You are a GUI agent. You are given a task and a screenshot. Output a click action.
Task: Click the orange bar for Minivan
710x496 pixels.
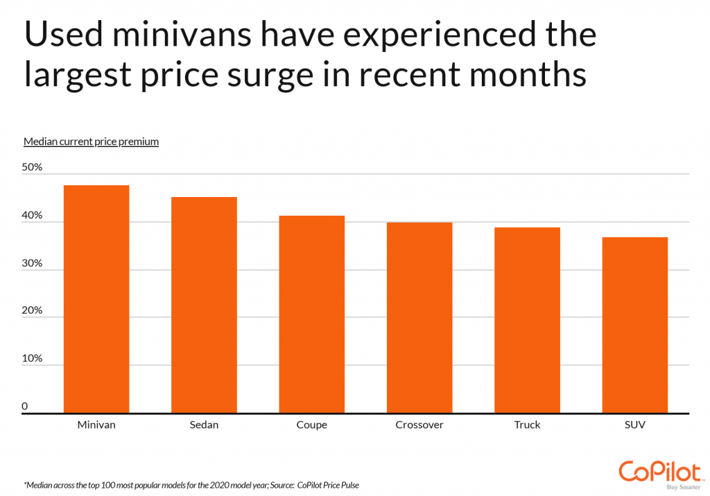pos(96,299)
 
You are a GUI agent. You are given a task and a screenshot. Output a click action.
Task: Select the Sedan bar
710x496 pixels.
pos(204,305)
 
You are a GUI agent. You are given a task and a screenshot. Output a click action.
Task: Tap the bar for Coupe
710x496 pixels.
pos(311,314)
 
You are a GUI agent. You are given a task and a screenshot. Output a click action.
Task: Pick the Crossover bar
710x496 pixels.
pos(419,318)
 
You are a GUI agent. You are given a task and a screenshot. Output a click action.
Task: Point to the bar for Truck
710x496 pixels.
pos(527,320)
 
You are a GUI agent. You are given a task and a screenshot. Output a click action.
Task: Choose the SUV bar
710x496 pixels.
pos(634,325)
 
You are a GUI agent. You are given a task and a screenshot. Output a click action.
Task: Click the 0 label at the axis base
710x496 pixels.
pos(25,406)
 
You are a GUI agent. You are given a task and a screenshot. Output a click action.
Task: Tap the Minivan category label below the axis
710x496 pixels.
pos(96,425)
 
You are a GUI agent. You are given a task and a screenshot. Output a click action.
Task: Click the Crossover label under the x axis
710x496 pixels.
pos(419,425)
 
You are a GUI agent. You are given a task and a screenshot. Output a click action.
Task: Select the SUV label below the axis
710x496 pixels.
pos(634,425)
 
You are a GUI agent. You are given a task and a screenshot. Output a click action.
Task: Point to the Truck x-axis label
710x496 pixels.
pos(527,425)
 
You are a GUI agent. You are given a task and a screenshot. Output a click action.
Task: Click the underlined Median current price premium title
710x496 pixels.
pos(91,142)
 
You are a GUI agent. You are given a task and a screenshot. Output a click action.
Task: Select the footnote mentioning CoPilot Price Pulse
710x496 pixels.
pos(191,485)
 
